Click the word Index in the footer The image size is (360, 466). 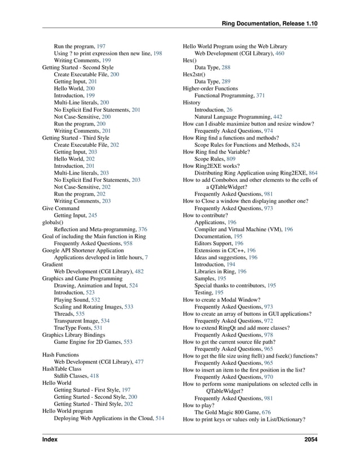(50, 439)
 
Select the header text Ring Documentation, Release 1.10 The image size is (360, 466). (270, 23)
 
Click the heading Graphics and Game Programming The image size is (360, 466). (82, 278)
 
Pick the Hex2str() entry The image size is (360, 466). (194, 74)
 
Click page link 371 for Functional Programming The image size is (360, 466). (260, 95)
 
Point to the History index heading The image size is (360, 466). (192, 103)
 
